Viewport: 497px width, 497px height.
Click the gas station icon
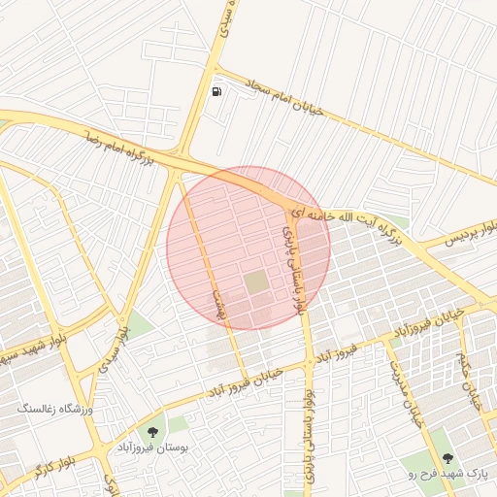215,92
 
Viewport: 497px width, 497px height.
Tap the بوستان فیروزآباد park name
151,447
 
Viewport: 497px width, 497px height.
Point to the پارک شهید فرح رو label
448,474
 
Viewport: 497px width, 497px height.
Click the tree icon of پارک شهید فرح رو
447,457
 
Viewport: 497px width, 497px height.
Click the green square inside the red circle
256,282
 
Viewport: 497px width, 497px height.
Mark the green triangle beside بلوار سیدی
140,326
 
